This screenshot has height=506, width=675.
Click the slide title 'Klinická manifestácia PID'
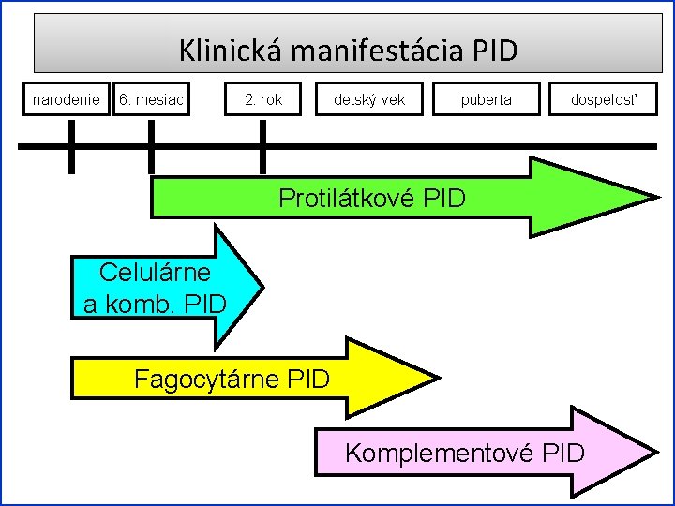[347, 50]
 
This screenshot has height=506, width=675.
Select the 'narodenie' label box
[67, 98]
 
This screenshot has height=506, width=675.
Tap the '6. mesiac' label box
[151, 98]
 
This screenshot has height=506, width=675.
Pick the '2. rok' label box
[262, 98]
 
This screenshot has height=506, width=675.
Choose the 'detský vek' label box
[370, 98]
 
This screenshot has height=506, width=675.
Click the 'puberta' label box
[487, 98]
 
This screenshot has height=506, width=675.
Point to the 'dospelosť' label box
[604, 98]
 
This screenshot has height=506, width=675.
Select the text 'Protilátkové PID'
[372, 199]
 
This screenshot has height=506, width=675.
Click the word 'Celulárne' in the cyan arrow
[155, 273]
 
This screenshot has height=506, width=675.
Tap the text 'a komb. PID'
[155, 304]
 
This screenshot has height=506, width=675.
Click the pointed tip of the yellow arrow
[437, 379]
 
